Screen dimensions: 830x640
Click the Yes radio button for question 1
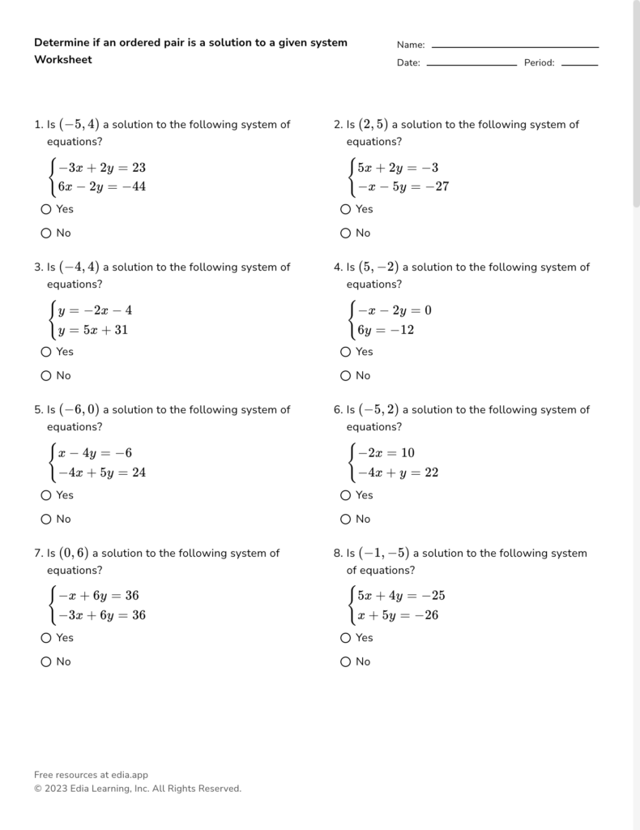[x=46, y=209]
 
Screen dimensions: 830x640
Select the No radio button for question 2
[x=346, y=233]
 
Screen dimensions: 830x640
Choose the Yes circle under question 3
[x=46, y=352]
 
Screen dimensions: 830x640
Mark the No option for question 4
[x=346, y=376]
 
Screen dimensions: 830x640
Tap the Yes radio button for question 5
[x=46, y=495]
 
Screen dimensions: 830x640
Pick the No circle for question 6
[x=346, y=520]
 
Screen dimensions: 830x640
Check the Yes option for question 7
[x=46, y=638]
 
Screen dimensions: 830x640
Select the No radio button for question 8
[x=346, y=662]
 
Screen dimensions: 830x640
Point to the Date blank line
[x=471, y=64]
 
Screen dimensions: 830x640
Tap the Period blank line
[x=579, y=64]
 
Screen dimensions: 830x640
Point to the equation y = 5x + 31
[x=92, y=330]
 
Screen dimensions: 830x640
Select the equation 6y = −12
[x=386, y=330]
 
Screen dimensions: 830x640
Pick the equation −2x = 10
[x=386, y=453]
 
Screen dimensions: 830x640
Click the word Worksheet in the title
[x=63, y=60]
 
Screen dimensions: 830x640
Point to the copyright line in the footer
[x=138, y=789]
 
